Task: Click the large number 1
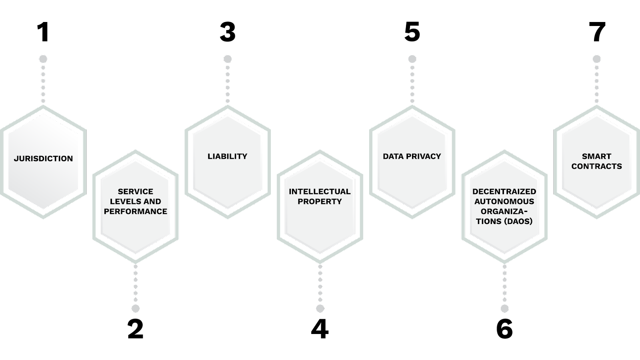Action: click(44, 32)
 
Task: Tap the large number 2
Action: click(136, 329)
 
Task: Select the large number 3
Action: click(228, 32)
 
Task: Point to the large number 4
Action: click(320, 329)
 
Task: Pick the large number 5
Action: click(412, 32)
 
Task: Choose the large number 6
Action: click(504, 329)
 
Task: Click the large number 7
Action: click(597, 32)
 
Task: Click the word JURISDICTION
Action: click(44, 158)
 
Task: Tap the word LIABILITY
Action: click(228, 156)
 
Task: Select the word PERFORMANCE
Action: click(136, 212)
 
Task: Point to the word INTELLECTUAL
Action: click(320, 192)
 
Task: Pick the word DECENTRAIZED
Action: click(504, 192)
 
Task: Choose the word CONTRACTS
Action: click(596, 166)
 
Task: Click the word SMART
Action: click(596, 156)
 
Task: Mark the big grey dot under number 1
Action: click(43, 59)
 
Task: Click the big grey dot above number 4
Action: click(320, 308)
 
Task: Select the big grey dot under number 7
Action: click(596, 59)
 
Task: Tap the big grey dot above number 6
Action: click(504, 308)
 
